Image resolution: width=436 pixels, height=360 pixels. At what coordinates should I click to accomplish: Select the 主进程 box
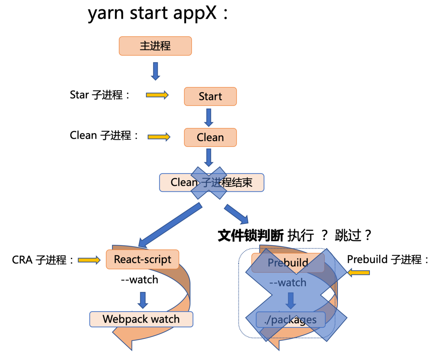pyautogui.click(x=155, y=46)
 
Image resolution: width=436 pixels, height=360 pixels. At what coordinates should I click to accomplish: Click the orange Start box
pyautogui.click(x=210, y=97)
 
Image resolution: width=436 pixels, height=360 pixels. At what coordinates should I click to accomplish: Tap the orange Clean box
pyautogui.click(x=210, y=137)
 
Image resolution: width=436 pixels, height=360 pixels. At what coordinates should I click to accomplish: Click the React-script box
pyautogui.click(x=142, y=260)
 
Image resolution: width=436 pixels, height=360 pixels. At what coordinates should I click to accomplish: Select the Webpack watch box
pyautogui.click(x=141, y=319)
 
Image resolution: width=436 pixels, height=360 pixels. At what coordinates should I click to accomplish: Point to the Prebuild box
pyautogui.click(x=288, y=262)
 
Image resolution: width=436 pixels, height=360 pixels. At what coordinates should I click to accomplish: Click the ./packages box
pyautogui.click(x=290, y=320)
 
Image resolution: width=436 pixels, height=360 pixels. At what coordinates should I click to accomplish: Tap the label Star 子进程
pyautogui.click(x=100, y=95)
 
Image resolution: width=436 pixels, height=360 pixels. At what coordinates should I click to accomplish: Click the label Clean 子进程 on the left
pyautogui.click(x=104, y=135)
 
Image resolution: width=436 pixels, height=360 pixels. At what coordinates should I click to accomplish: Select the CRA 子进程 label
pyautogui.click(x=42, y=260)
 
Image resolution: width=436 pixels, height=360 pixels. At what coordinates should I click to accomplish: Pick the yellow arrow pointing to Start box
pyautogui.click(x=157, y=95)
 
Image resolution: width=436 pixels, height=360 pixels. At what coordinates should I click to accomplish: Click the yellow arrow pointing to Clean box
pyautogui.click(x=159, y=137)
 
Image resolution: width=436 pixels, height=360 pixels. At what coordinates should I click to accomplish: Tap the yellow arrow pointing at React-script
pyautogui.click(x=89, y=260)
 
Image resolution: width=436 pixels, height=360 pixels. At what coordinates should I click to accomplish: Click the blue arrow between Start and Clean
pyautogui.click(x=209, y=117)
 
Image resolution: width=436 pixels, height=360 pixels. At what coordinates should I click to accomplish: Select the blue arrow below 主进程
pyautogui.click(x=155, y=71)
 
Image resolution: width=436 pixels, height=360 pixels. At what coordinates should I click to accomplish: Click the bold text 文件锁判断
pyautogui.click(x=250, y=235)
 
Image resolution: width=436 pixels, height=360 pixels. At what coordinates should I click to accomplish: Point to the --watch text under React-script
pyautogui.click(x=140, y=280)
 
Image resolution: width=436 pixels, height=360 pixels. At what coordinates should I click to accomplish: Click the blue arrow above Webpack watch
pyautogui.click(x=143, y=300)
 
